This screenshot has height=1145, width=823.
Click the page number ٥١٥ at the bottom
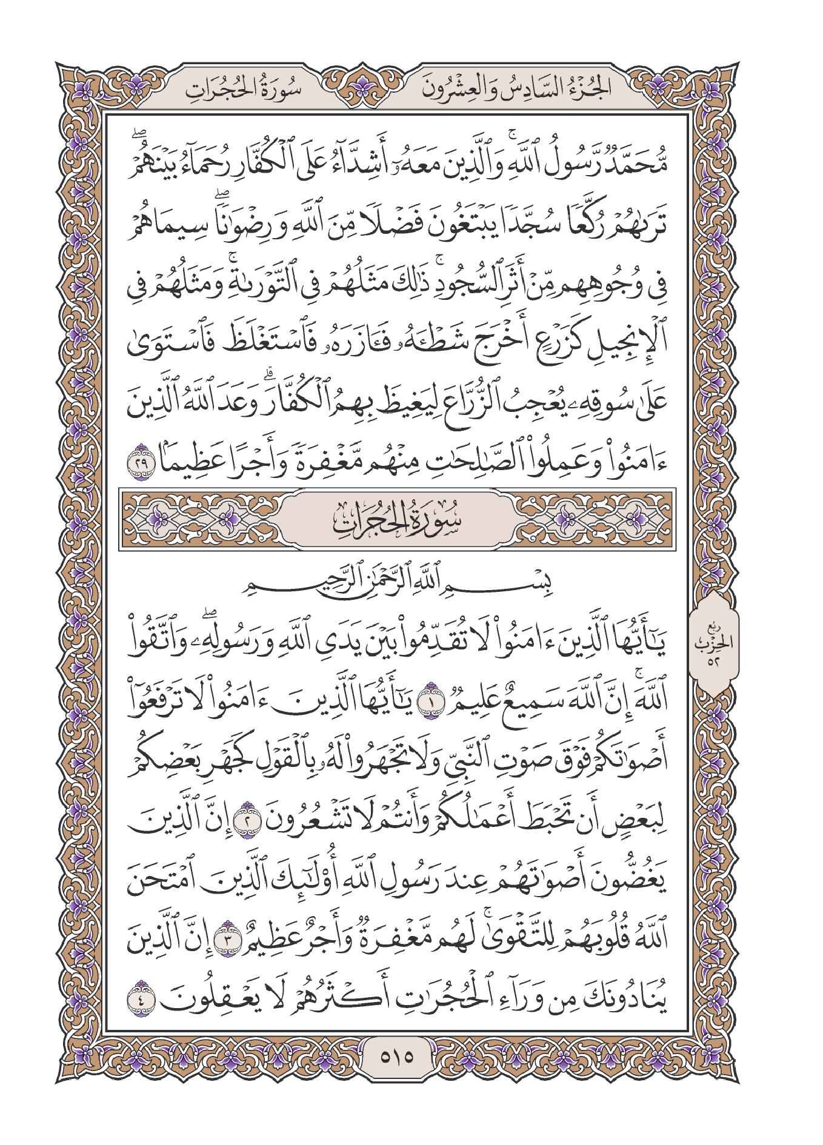click(396, 1075)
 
